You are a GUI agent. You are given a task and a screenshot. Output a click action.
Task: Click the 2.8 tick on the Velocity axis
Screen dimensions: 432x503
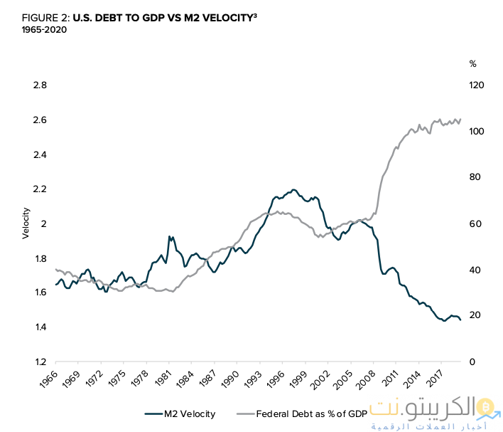click(x=40, y=85)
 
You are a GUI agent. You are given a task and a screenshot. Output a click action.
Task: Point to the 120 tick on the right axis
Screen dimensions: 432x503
click(x=476, y=85)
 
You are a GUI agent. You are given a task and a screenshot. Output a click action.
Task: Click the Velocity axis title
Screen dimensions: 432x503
click(x=26, y=223)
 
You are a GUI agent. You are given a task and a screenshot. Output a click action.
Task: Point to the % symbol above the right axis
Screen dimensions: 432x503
click(x=472, y=63)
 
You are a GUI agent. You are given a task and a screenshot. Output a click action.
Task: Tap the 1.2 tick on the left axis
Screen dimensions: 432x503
click(x=40, y=362)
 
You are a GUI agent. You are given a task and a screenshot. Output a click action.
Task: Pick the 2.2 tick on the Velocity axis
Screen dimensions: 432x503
click(x=40, y=189)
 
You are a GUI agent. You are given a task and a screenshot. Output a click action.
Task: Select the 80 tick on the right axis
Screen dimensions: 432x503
click(x=474, y=178)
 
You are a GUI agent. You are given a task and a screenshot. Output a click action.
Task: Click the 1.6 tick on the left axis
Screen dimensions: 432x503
click(x=40, y=293)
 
